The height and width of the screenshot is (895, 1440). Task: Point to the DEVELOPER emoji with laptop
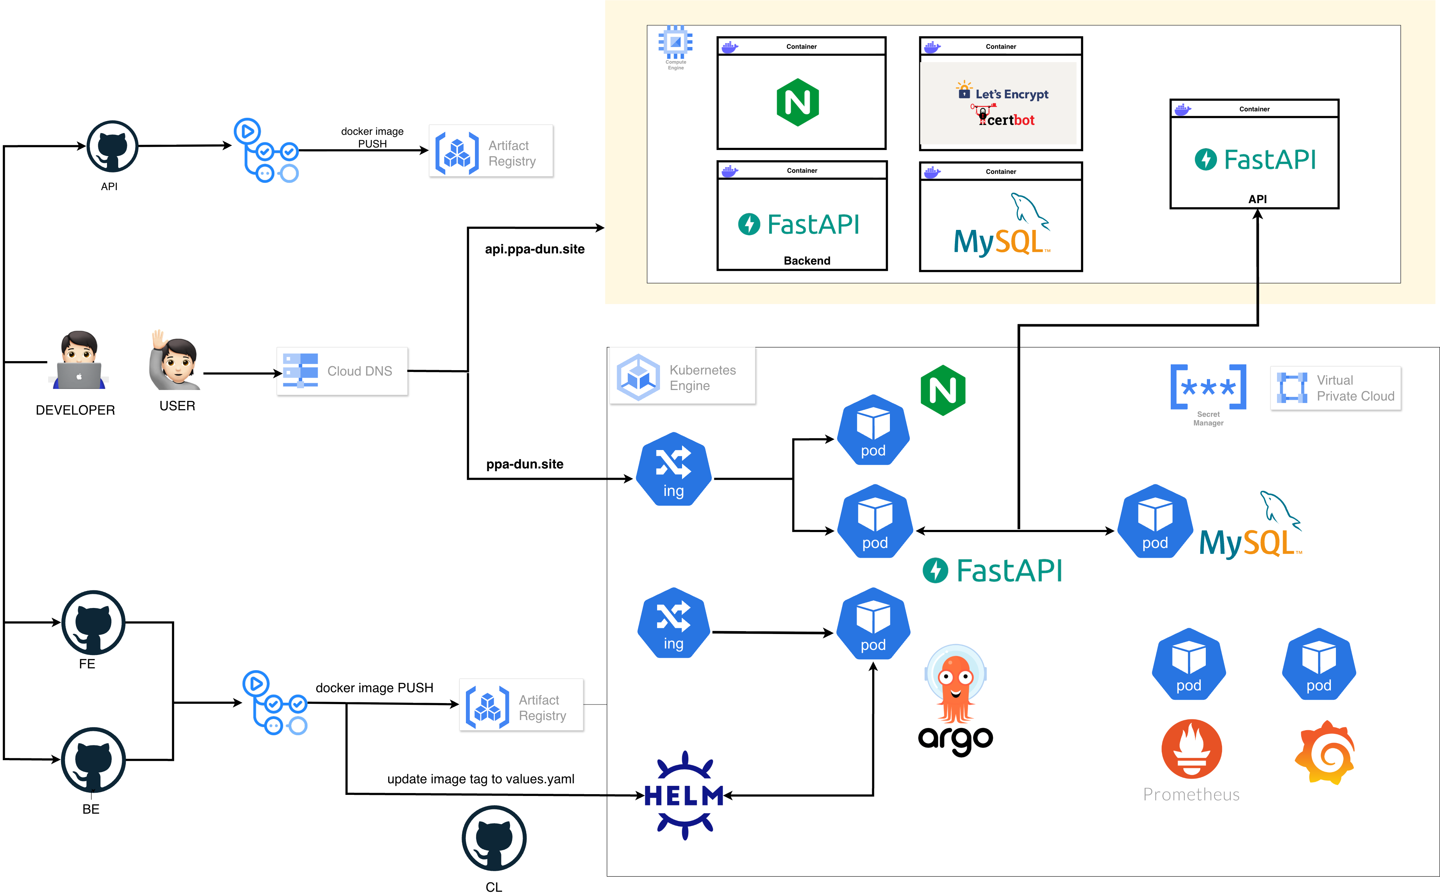coord(79,361)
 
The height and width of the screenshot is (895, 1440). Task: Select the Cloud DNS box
coord(342,371)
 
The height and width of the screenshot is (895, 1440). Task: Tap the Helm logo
coord(684,795)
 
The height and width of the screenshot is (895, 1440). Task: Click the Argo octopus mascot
coord(955,687)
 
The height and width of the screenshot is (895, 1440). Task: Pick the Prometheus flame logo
coord(1191,749)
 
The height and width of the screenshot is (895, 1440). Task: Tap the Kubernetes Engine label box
coord(682,377)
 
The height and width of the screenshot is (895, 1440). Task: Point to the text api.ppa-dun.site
coord(535,249)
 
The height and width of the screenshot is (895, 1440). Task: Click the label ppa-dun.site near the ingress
coord(524,464)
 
